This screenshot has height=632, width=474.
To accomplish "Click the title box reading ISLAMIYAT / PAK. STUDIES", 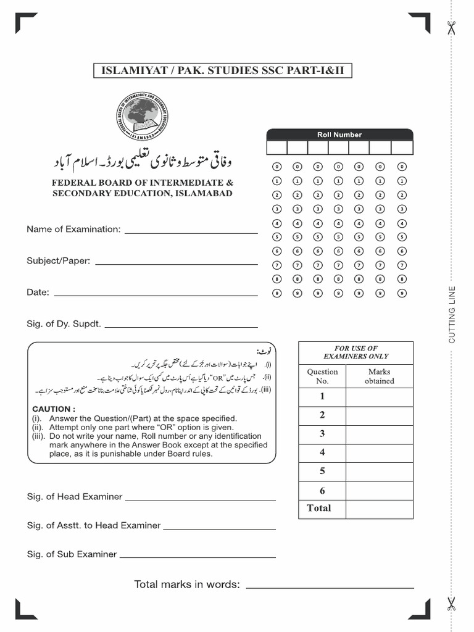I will tap(223, 71).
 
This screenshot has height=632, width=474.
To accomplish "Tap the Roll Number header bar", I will tap(339, 135).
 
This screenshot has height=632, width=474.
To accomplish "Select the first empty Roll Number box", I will tap(276, 148).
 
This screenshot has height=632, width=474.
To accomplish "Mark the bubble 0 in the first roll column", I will tap(276, 167).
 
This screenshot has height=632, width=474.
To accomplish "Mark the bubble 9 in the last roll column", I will tap(402, 293).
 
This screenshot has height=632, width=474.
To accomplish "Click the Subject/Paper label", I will tap(58, 260).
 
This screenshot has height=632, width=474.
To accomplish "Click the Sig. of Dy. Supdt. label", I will tap(64, 323).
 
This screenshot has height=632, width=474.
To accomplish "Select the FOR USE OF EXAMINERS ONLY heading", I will tap(355, 352).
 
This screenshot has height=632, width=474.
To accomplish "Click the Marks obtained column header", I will tap(379, 376).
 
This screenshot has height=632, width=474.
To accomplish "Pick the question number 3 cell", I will tap(322, 434).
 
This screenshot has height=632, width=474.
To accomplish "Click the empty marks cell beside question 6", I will tap(379, 491).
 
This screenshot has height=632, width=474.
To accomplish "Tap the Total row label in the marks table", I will tap(319, 509).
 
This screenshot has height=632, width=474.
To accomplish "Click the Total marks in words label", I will tap(187, 584).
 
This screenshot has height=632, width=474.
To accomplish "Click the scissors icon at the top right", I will tap(451, 28).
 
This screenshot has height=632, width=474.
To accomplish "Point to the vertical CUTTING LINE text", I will tap(452, 315).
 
